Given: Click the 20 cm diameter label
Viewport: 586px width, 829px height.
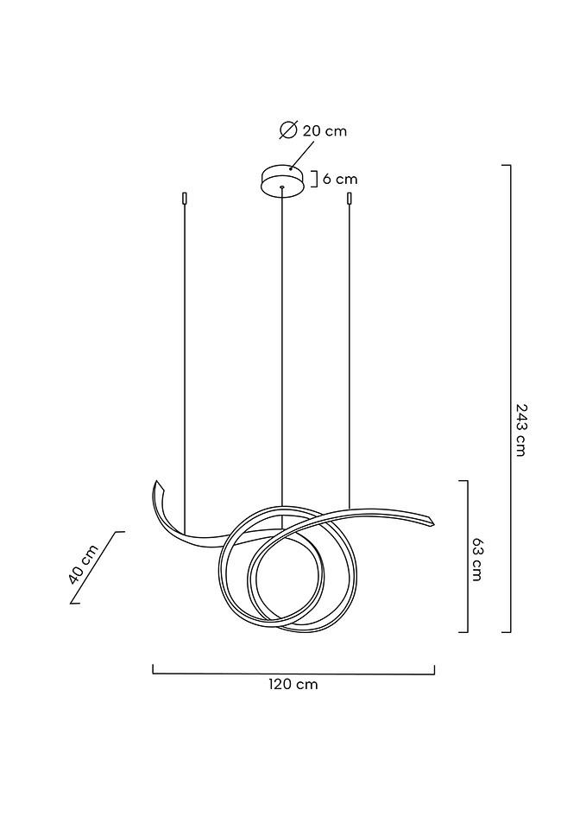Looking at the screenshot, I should [x=325, y=130].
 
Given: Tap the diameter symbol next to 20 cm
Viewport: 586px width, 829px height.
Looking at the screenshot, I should [x=288, y=130].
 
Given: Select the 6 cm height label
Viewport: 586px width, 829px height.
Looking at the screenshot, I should [x=340, y=180].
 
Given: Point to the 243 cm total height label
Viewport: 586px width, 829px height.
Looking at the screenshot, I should [x=520, y=429].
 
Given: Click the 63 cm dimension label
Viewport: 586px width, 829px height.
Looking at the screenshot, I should [x=476, y=558].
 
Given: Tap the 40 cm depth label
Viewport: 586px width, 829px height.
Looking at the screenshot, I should [x=83, y=566].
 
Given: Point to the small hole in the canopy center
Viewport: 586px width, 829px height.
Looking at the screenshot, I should [x=282, y=187].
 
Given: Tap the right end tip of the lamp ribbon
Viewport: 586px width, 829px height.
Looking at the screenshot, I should [x=429, y=520].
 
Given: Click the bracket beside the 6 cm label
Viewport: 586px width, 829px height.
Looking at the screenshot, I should [x=315, y=180].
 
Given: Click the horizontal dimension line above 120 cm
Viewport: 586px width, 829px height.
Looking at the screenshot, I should [x=293, y=673].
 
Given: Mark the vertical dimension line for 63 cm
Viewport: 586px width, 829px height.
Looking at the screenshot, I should [x=466, y=557].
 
